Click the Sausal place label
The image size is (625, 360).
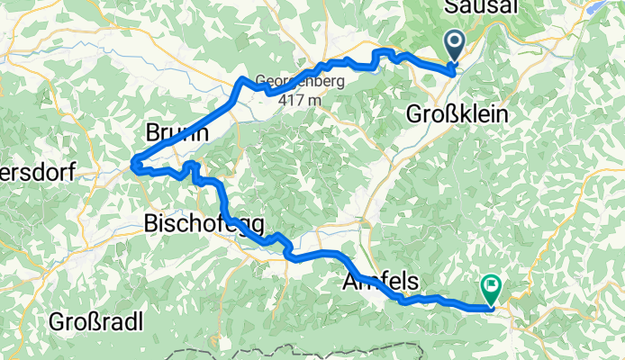click(x=480, y=8)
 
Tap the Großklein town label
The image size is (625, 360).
click(x=457, y=115)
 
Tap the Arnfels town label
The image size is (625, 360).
click(x=381, y=282)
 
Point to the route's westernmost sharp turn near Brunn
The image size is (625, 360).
click(x=133, y=164)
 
